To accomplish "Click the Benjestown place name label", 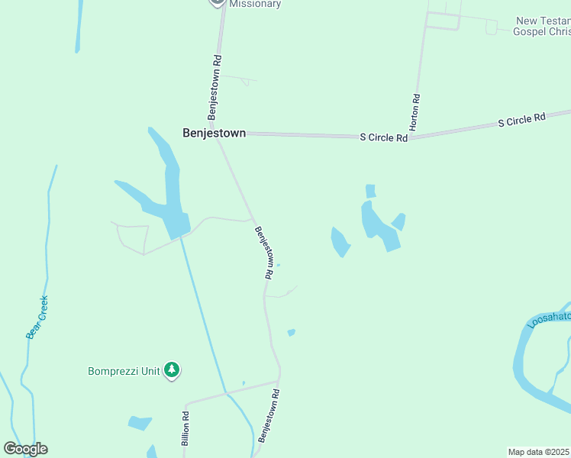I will (x=214, y=133).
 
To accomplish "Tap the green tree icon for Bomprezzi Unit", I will (x=173, y=370).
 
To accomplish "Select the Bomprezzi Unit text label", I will (x=124, y=371).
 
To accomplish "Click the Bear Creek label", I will (x=37, y=317).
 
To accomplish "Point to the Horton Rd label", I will (x=415, y=112).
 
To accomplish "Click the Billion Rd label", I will (x=185, y=427).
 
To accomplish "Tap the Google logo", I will (x=25, y=448).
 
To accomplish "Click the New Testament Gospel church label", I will (x=542, y=26).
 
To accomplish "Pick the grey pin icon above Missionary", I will (x=217, y=2).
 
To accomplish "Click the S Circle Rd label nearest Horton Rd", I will (x=383, y=137).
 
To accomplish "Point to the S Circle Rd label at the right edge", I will (x=522, y=120).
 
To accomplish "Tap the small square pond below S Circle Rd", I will (x=370, y=191).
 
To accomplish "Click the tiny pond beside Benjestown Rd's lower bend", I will (x=291, y=332).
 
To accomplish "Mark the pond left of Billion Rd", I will (x=140, y=422).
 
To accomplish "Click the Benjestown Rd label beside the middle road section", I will (x=264, y=252).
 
